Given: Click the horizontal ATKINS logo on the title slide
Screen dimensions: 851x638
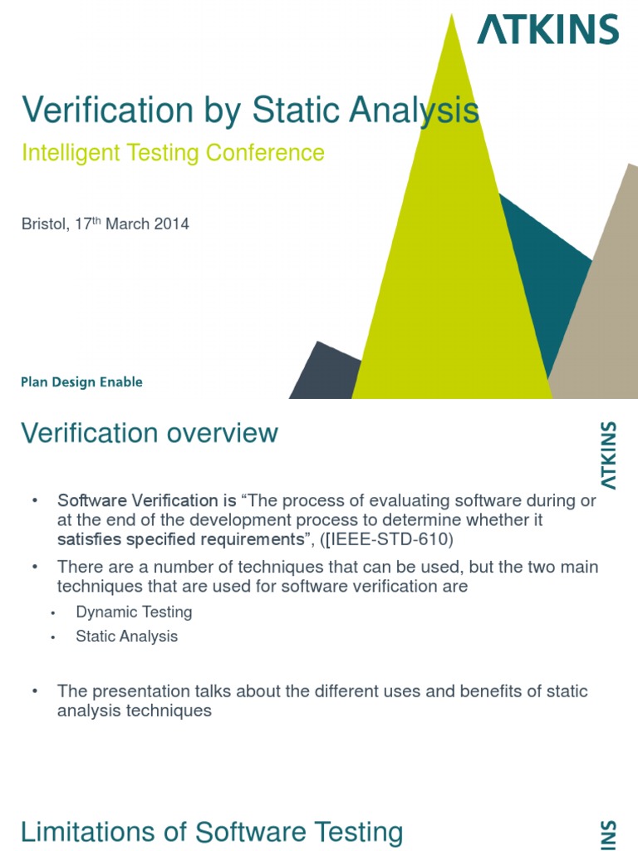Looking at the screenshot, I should point(547,30).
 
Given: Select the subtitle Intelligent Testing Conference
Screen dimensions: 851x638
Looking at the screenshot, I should point(172,153).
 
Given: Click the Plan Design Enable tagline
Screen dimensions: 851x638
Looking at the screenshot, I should point(81,382).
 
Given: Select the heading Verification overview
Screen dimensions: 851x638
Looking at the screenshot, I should point(150,433).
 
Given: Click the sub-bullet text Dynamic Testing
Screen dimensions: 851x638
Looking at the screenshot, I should point(134,612).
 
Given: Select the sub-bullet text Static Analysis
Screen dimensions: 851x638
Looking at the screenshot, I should point(126,637).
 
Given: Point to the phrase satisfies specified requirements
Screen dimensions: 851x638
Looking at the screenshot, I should point(177,540).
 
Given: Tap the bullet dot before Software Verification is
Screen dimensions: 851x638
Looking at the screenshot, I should point(35,501).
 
